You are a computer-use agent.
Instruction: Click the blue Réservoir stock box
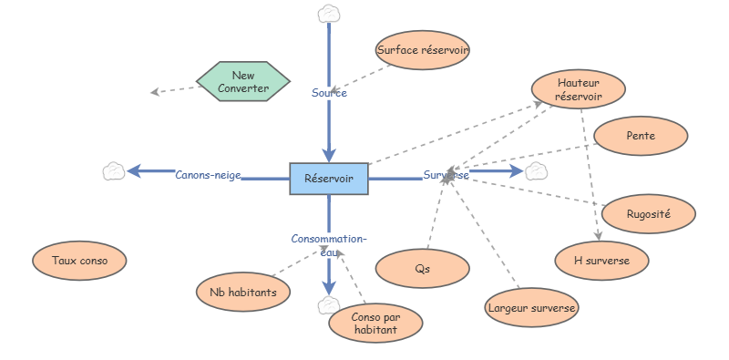coord(329,179)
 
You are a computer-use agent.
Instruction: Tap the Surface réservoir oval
coord(423,51)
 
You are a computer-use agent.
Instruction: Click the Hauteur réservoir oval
coord(579,89)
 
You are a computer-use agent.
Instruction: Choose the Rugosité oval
coord(649,213)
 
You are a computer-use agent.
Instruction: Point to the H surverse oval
coord(603,261)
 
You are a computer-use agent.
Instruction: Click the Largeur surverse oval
coord(532,308)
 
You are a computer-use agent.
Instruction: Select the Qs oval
coord(422,269)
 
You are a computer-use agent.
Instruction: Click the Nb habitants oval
coord(243,292)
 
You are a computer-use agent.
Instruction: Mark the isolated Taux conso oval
coord(79,261)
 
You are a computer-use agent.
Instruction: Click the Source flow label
coord(329,92)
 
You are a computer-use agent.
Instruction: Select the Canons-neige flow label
coord(208,175)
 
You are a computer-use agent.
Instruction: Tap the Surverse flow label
coord(446,175)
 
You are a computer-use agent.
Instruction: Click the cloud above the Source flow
coord(328,14)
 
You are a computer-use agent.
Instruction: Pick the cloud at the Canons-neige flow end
coord(114,170)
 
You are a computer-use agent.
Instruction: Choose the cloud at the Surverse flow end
coord(536,170)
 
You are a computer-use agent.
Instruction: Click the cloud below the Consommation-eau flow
coord(328,303)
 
